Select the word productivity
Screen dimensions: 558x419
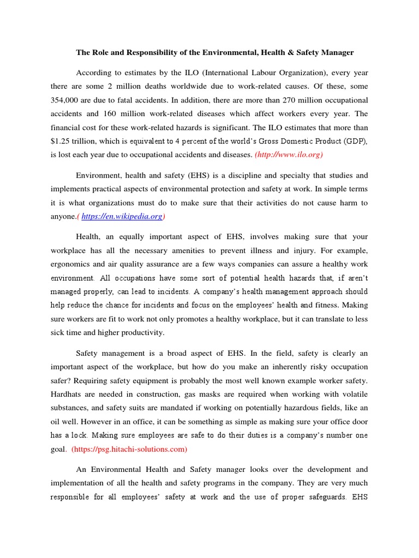[x=140, y=332]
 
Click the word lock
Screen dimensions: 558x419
[x=80, y=435]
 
